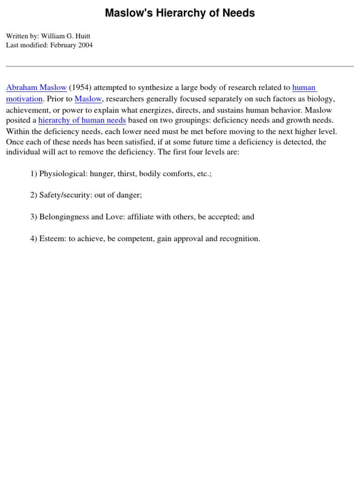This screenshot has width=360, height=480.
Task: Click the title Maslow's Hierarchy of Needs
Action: (x=180, y=13)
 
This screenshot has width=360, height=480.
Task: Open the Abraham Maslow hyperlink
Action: (x=36, y=88)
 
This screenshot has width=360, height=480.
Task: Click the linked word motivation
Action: (x=24, y=99)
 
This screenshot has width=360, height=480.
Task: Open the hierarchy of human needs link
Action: (x=82, y=120)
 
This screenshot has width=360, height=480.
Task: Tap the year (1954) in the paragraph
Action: (x=80, y=88)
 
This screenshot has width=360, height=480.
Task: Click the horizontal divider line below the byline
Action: (x=180, y=67)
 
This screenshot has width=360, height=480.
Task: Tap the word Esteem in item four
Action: (x=52, y=239)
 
